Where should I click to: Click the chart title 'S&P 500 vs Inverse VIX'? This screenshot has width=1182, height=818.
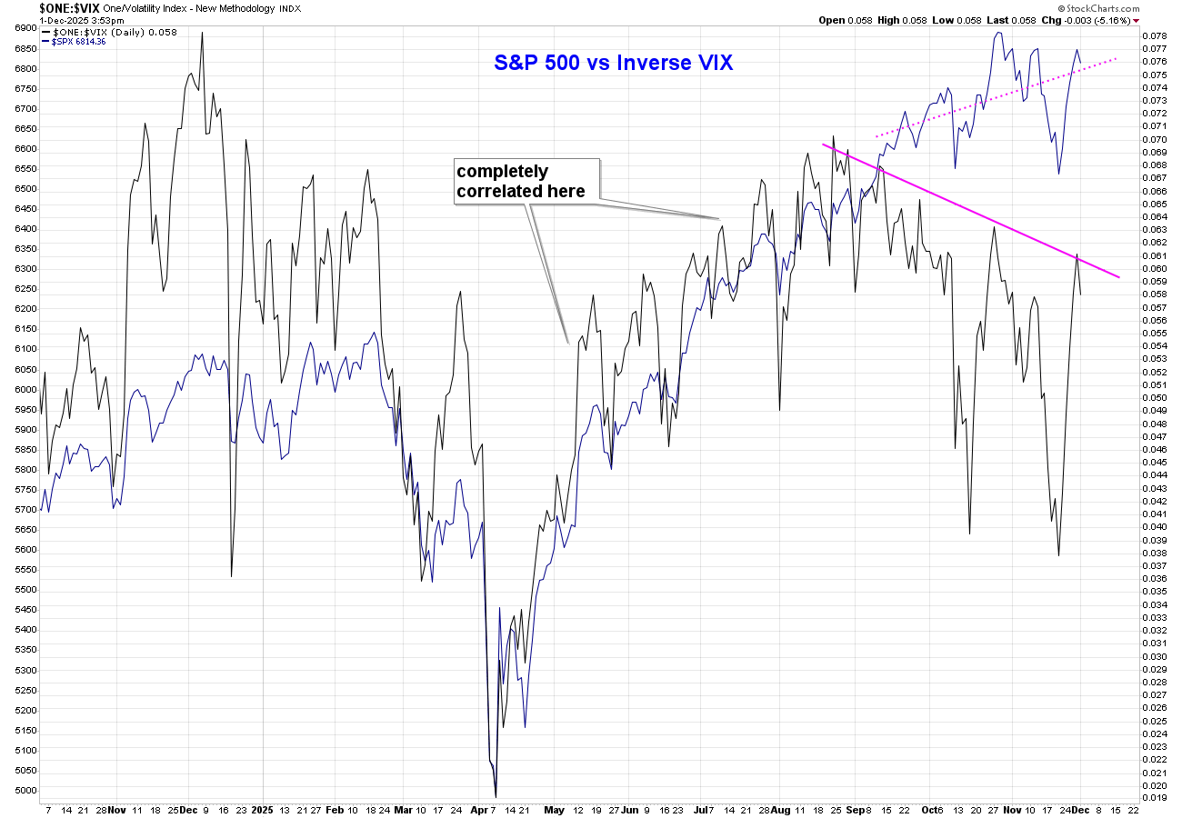tap(613, 64)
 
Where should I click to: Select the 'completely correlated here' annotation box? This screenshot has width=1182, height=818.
tap(527, 181)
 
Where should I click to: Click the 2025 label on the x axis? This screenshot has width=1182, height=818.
tap(262, 808)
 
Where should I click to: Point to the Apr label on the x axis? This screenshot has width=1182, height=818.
tap(480, 808)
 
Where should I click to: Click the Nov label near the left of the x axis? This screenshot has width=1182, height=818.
tap(116, 808)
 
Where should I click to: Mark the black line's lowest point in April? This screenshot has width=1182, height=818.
tap(496, 797)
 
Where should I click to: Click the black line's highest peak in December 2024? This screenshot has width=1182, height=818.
tap(202, 33)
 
